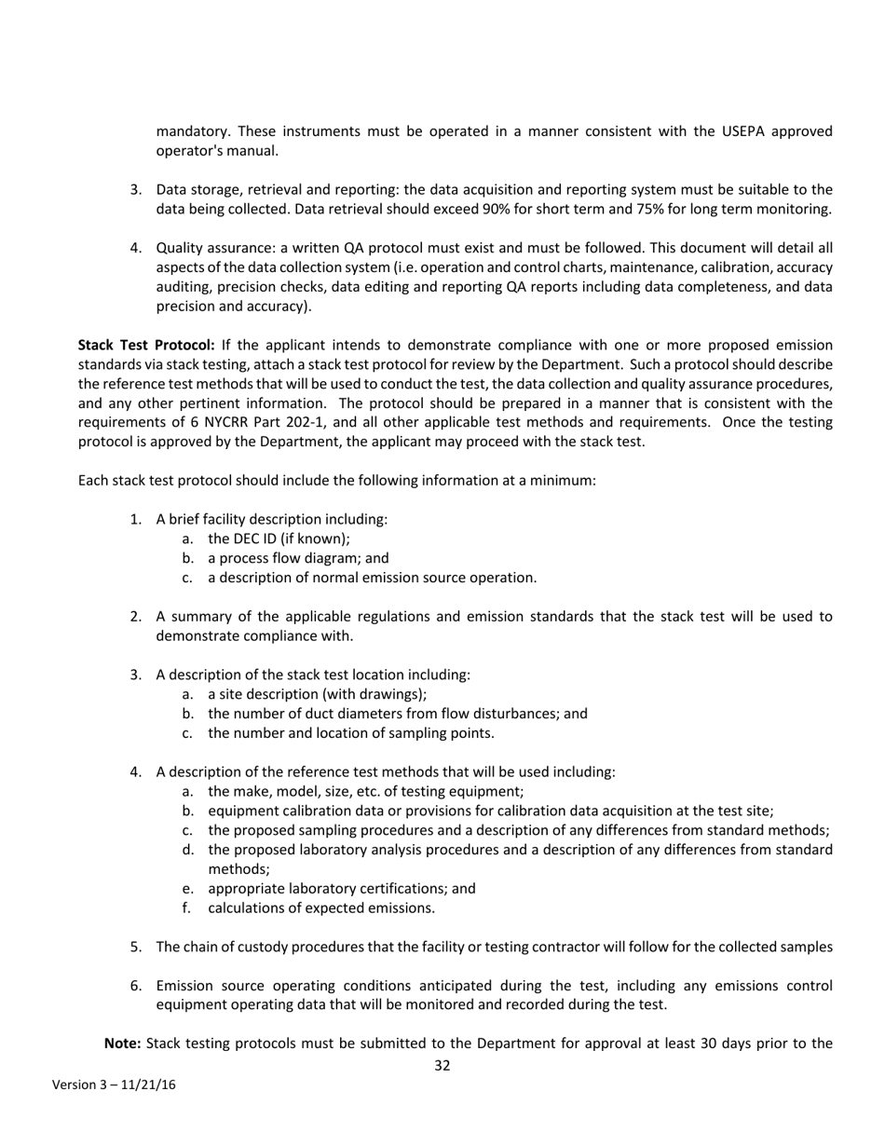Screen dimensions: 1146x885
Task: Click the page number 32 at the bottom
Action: pyautogui.click(x=442, y=1066)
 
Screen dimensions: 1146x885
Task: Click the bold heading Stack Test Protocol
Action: pyautogui.click(x=146, y=345)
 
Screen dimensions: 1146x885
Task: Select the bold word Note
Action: pyautogui.click(x=121, y=1044)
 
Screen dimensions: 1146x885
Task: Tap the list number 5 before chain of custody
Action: pyautogui.click(x=136, y=948)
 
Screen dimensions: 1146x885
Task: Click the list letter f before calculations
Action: pyautogui.click(x=187, y=907)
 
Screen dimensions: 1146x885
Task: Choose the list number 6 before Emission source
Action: pyautogui.click(x=136, y=986)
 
